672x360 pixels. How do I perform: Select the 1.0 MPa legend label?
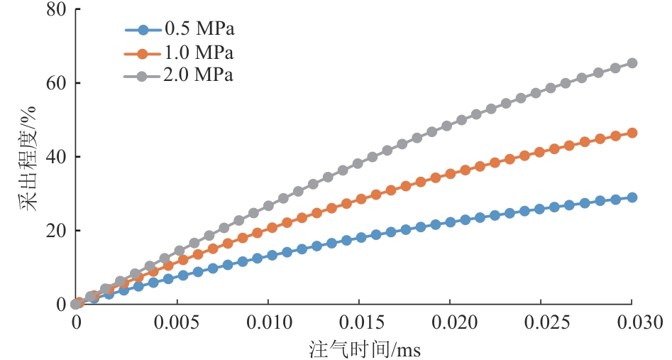199,53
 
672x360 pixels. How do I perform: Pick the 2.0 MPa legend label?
199,75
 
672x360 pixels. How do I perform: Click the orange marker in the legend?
143,53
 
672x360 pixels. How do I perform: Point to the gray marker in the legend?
143,75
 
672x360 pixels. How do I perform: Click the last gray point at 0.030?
632,63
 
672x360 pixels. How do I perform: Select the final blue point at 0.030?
632,197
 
